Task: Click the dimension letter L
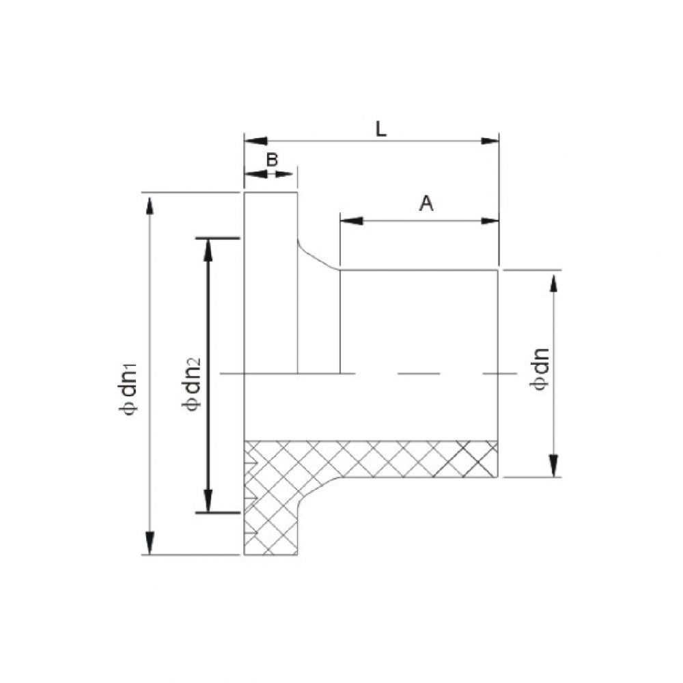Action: click(381, 128)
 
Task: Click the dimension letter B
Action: click(271, 160)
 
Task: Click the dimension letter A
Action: click(426, 204)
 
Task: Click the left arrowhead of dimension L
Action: click(254, 141)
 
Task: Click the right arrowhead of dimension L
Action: click(490, 141)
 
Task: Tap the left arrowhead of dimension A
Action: click(349, 221)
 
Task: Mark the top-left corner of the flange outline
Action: click(245, 193)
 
